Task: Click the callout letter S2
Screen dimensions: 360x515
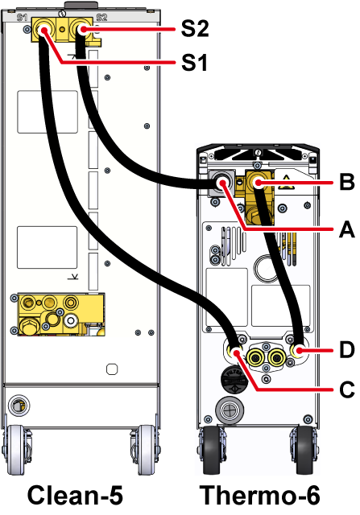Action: (x=195, y=29)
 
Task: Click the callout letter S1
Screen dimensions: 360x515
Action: (x=194, y=62)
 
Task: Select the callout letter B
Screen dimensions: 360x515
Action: (x=347, y=182)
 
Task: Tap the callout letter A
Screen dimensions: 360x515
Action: (x=347, y=229)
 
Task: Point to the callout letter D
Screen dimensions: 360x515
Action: (x=347, y=349)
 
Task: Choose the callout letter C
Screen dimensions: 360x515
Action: (x=347, y=389)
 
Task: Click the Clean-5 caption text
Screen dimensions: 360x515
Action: (x=75, y=495)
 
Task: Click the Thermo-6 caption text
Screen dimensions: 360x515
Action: (x=259, y=495)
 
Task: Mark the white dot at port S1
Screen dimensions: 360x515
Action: (x=43, y=31)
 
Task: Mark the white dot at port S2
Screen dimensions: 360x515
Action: (x=84, y=31)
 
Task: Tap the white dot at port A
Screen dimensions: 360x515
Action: (x=223, y=183)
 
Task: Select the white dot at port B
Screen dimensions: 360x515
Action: (x=258, y=183)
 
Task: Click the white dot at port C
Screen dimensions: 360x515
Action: (x=237, y=353)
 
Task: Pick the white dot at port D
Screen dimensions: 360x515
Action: (x=299, y=351)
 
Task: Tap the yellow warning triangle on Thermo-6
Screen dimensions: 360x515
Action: (x=286, y=183)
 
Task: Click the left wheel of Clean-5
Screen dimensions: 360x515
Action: (x=15, y=450)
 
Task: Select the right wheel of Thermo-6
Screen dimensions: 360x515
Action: (x=304, y=451)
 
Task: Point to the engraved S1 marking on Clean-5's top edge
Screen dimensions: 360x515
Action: (x=22, y=17)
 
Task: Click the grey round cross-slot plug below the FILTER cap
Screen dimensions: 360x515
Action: (x=230, y=410)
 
